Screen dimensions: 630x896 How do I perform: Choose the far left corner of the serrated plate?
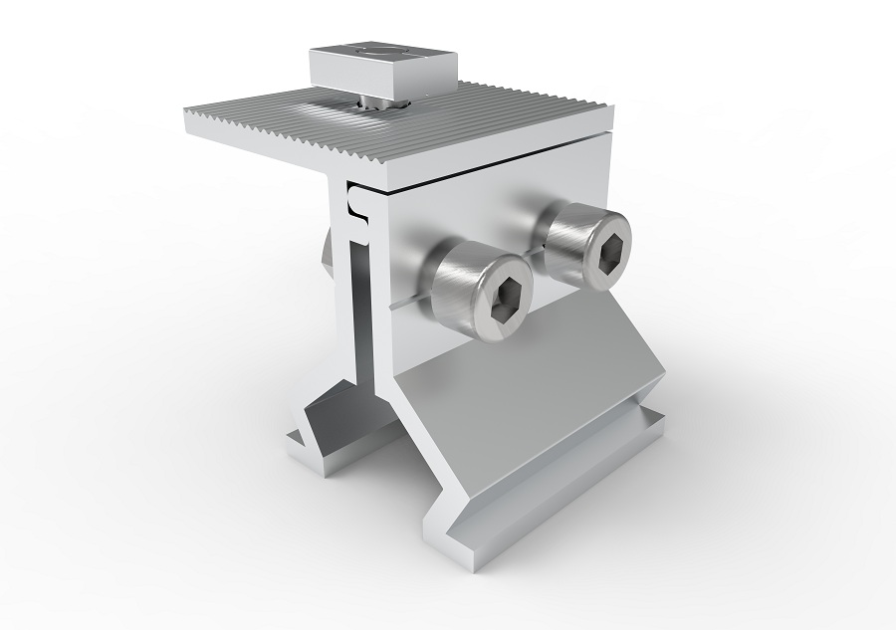pos(189,111)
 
